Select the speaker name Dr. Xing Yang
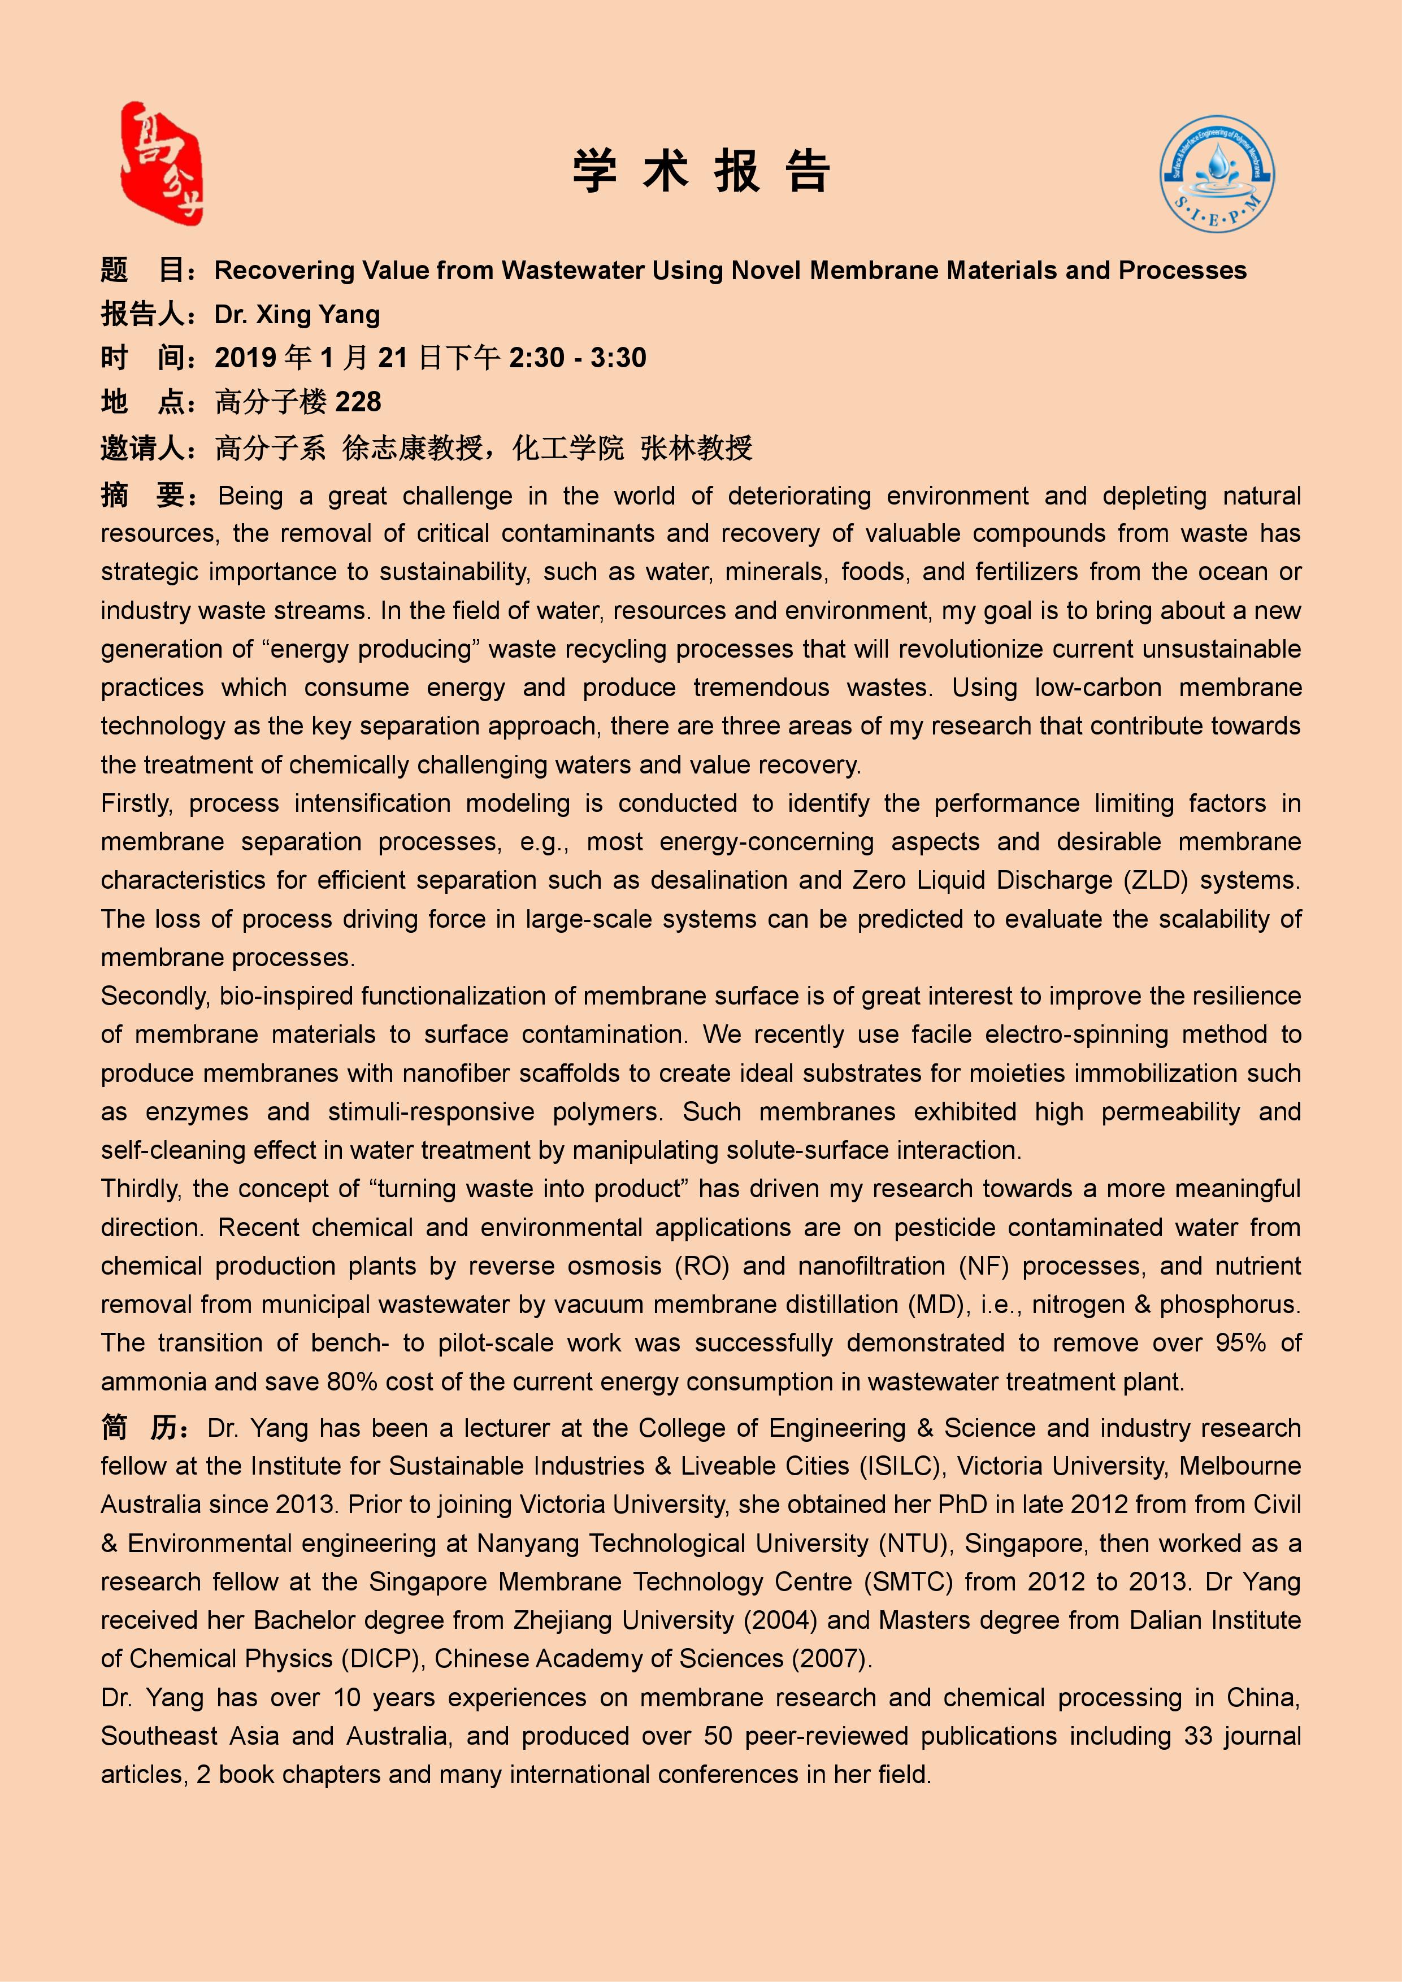[x=297, y=314]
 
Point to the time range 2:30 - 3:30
[x=578, y=358]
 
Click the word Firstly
[x=136, y=803]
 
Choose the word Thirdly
[x=141, y=1189]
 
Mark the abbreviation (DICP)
[x=383, y=1658]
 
